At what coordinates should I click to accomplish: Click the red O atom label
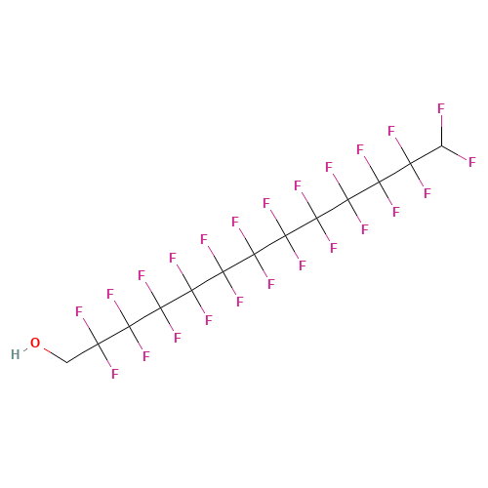(x=35, y=343)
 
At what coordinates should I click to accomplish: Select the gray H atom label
(x=15, y=354)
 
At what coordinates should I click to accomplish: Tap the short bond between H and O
(x=25, y=349)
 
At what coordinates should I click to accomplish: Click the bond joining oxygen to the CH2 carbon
(x=56, y=355)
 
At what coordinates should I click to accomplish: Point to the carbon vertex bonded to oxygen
(x=67, y=362)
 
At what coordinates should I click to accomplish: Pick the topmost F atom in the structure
(x=441, y=108)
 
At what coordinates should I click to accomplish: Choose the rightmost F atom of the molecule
(x=472, y=162)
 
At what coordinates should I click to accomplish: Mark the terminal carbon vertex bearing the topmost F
(x=441, y=145)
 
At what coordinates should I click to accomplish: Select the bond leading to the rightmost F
(x=454, y=152)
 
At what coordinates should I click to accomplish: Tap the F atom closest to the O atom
(x=79, y=311)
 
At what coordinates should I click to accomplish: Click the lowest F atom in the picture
(x=115, y=374)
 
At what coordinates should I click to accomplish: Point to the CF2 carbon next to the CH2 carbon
(x=99, y=344)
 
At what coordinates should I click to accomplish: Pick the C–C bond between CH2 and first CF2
(x=83, y=353)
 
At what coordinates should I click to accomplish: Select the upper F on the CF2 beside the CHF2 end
(x=391, y=131)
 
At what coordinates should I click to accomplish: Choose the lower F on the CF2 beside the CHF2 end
(x=427, y=193)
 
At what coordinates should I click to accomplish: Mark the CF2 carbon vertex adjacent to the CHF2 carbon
(x=410, y=164)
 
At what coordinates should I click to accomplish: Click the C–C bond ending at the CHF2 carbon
(x=426, y=154)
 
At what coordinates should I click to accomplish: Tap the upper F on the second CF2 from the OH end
(x=110, y=294)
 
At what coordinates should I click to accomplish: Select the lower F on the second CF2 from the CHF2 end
(x=396, y=212)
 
